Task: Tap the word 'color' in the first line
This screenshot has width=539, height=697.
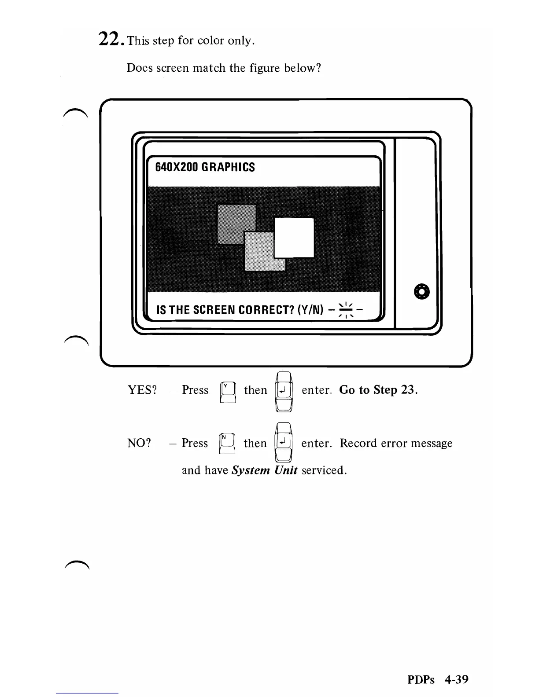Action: coord(211,41)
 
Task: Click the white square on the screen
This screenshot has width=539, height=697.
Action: coord(294,238)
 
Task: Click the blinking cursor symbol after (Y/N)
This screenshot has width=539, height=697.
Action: coord(347,310)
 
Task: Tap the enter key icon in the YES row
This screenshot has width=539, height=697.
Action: coord(284,391)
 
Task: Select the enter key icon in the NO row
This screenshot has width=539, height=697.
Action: coord(283,442)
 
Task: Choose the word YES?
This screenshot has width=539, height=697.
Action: coord(142,390)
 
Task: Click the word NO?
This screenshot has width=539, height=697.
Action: coord(139,443)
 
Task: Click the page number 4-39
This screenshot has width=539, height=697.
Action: coord(456,679)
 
